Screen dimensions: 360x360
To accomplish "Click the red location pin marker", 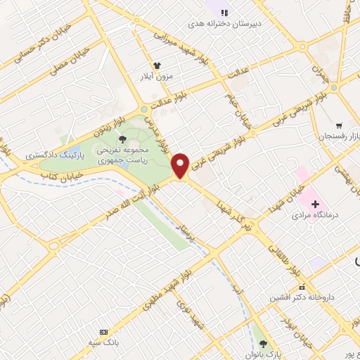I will (x=181, y=165).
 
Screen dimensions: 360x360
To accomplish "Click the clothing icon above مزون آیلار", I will (x=167, y=65).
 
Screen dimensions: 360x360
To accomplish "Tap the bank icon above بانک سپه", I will (x=105, y=331).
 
